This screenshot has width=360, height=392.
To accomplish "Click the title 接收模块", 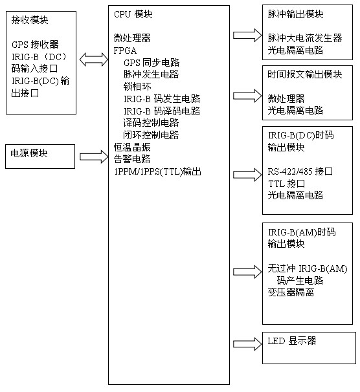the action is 30,20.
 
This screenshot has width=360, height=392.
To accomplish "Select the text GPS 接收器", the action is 35,45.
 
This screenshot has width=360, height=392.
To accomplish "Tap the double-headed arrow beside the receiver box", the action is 94,60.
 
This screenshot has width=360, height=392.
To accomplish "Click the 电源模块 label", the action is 29,153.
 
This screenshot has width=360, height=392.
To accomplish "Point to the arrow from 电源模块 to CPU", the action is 94,157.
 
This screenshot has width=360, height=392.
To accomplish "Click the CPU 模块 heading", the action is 133,14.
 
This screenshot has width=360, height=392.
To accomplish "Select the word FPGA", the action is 125,50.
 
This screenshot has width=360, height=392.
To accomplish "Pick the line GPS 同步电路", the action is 152,62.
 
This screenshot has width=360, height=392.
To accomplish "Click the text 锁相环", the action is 137,87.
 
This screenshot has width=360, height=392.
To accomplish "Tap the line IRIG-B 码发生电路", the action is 162,99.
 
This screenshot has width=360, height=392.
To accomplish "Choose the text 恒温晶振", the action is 132,147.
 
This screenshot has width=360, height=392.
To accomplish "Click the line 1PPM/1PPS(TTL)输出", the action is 158,172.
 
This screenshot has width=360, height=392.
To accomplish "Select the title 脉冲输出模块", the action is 295,14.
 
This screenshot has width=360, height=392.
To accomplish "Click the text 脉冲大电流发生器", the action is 305,38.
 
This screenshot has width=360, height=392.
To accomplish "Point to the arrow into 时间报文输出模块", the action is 247,96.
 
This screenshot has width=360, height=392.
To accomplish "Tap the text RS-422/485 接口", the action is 300,171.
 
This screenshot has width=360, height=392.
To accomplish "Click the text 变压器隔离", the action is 291,292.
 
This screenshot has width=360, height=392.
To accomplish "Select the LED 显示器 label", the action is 292,340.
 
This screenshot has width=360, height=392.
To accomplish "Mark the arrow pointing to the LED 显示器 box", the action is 247,344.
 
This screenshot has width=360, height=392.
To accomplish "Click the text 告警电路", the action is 132,159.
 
